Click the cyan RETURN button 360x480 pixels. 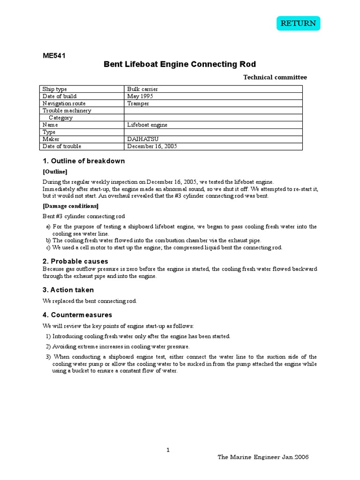298,23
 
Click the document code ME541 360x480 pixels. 54,56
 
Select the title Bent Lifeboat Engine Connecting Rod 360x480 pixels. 180,64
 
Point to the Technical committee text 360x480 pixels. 275,77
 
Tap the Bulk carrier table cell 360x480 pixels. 142,89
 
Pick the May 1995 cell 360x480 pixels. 140,96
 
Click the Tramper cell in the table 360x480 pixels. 138,103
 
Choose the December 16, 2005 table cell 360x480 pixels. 152,146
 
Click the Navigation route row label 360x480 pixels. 64,103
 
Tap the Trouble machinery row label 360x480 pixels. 67,111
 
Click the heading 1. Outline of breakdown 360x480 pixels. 84,161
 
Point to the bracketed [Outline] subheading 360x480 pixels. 55,172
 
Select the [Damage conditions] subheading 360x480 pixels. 70,206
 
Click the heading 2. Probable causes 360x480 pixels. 75,261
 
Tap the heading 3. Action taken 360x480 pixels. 68,290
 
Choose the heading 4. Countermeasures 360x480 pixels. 77,315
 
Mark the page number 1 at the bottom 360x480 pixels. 168,450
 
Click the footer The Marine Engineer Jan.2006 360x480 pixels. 263,457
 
